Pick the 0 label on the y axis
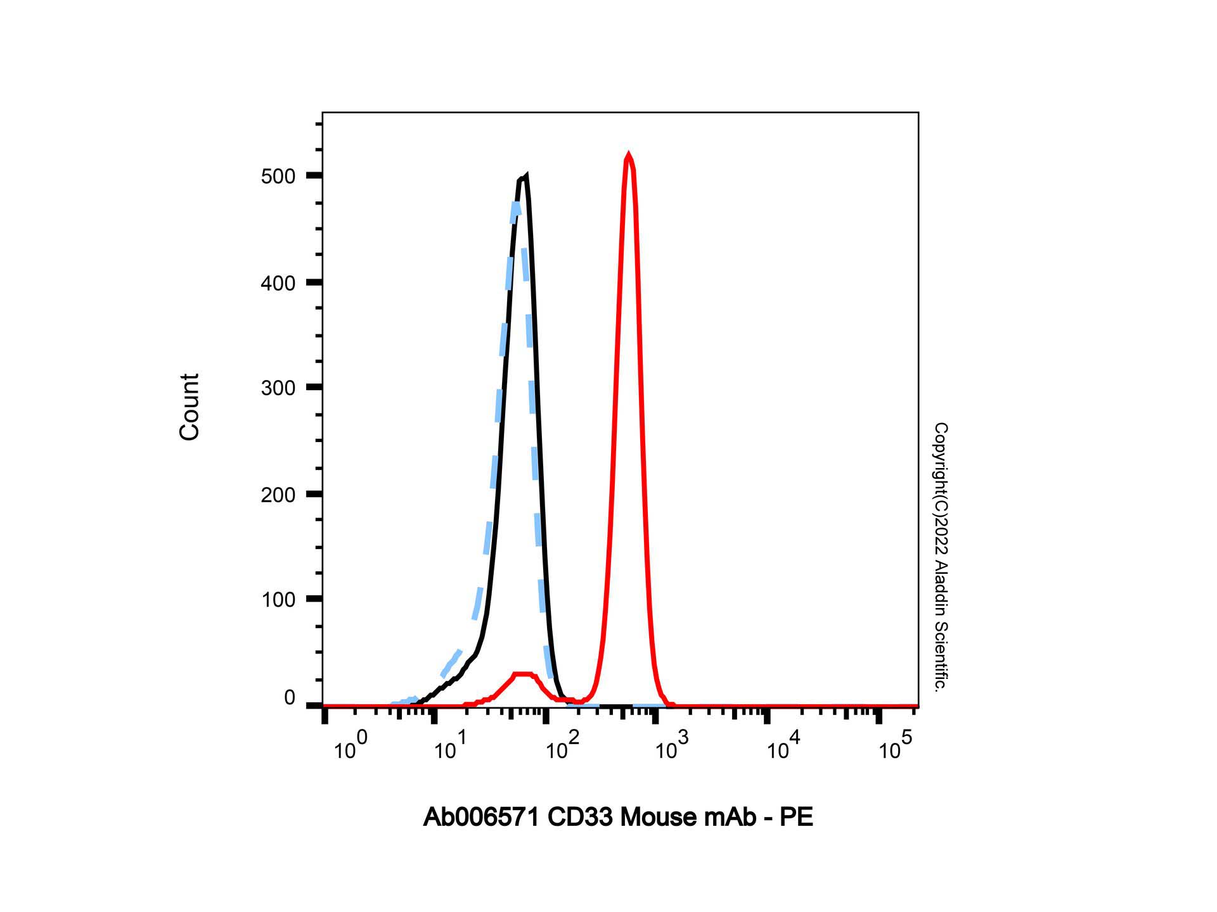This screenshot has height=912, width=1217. click(x=290, y=698)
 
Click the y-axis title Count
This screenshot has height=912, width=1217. click(x=190, y=407)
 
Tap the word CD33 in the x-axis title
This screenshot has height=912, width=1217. click(x=581, y=818)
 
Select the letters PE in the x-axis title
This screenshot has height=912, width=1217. click(x=797, y=818)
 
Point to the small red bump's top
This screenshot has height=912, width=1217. click(x=524, y=674)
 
